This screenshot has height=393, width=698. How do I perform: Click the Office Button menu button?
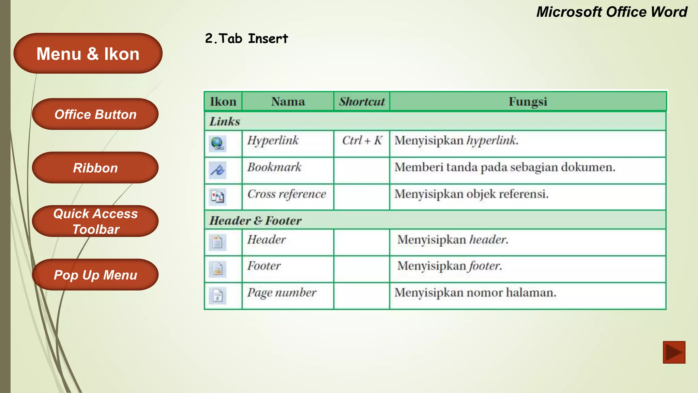click(95, 114)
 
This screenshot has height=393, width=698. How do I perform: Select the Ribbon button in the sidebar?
click(95, 168)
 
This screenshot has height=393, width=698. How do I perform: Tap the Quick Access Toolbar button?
click(95, 221)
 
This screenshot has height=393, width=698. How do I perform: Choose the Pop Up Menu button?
click(95, 275)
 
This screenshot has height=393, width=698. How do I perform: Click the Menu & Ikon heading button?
click(88, 54)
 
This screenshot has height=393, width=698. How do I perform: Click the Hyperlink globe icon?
click(217, 144)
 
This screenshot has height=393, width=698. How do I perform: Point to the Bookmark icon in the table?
click(217, 170)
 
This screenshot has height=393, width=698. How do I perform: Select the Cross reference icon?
click(217, 197)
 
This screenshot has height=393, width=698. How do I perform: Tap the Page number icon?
click(217, 295)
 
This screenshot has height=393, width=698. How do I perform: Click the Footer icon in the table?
click(217, 269)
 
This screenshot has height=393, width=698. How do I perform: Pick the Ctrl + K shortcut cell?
click(362, 141)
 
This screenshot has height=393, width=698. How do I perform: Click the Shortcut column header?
click(362, 102)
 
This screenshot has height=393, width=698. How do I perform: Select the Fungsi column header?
click(528, 102)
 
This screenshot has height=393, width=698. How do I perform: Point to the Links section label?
click(225, 121)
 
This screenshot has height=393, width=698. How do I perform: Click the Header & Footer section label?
click(255, 221)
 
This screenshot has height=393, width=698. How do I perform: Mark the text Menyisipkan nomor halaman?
click(475, 293)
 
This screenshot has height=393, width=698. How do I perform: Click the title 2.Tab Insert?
click(246, 39)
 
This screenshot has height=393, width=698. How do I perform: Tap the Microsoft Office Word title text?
click(611, 12)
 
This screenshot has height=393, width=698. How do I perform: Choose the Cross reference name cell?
click(287, 194)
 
